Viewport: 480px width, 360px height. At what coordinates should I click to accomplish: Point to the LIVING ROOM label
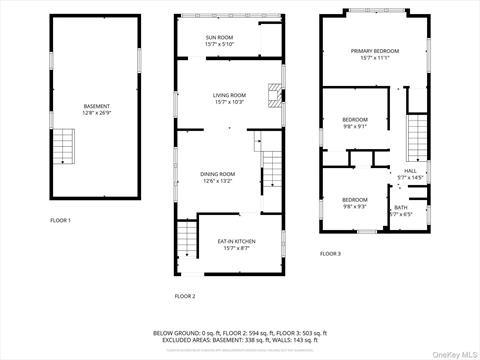coord(229,95)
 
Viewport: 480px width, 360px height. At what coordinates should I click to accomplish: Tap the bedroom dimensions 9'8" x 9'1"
coord(355,126)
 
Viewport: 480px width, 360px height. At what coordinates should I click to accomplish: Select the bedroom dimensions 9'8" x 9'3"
coord(355,206)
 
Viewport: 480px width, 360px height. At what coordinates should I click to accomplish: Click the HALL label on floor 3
coord(410,171)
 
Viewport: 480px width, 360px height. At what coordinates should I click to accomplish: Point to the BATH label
coord(400,207)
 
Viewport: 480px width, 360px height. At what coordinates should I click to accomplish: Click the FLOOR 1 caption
coord(61,220)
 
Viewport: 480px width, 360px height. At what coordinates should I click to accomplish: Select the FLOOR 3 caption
coord(330,254)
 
